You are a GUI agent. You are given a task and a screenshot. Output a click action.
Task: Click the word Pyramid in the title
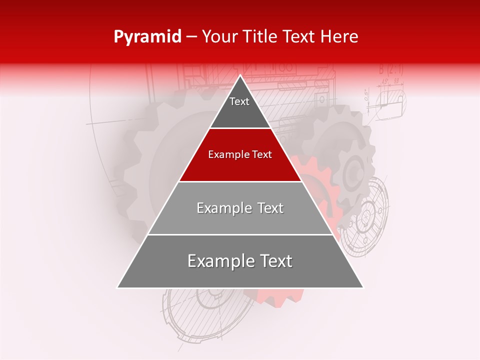(x=147, y=37)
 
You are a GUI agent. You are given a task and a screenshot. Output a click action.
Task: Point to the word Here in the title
(x=339, y=37)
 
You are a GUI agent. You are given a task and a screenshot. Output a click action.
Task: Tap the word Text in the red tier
(x=260, y=155)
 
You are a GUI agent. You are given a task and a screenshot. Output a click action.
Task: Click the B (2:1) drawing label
(x=390, y=69)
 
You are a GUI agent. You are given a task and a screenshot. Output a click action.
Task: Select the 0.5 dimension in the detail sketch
(x=366, y=95)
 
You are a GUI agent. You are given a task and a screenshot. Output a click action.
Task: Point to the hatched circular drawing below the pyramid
(x=210, y=310)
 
